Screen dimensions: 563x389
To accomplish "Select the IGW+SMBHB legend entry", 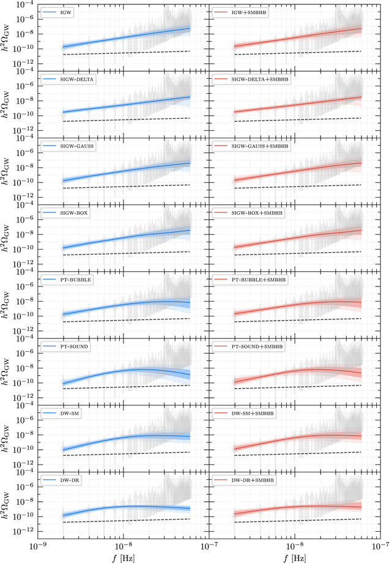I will pos(250,12).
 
